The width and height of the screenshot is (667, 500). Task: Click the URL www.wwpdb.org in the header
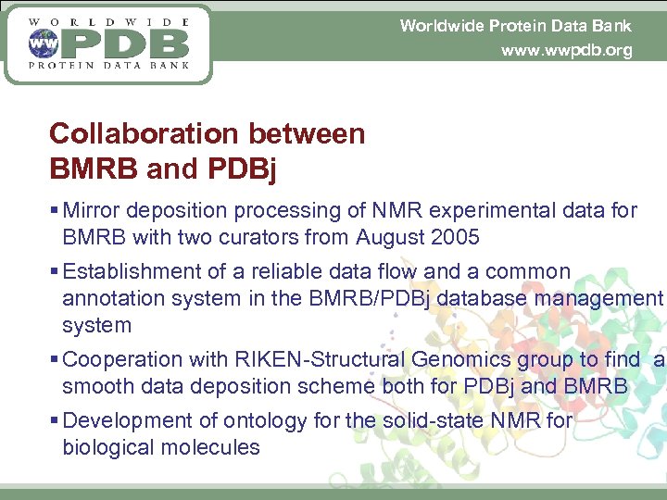pyautogui.click(x=566, y=51)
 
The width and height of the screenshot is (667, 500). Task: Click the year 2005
pyautogui.click(x=456, y=237)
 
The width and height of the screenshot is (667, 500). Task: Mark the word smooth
pyautogui.click(x=94, y=386)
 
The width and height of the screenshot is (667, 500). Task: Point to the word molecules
pyautogui.click(x=213, y=447)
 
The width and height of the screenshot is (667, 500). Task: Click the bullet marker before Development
pyautogui.click(x=55, y=421)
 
